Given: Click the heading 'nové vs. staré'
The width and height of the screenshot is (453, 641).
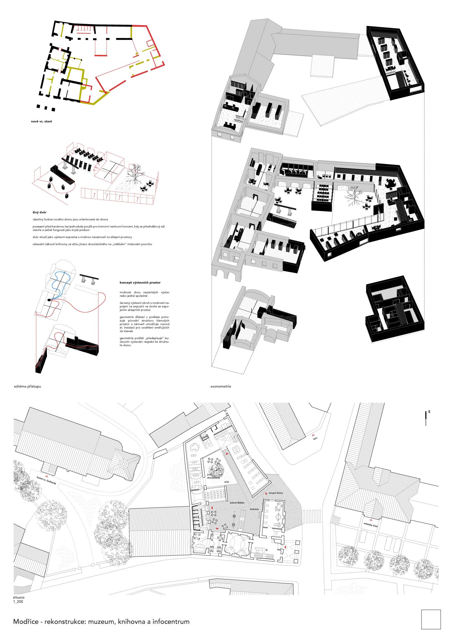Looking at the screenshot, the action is click(42, 122).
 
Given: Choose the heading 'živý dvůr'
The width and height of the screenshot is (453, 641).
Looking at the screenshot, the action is click(39, 213).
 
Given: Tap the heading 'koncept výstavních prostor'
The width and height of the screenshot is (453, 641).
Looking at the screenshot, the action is click(140, 283).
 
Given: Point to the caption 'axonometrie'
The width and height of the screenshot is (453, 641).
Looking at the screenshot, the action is click(221, 387).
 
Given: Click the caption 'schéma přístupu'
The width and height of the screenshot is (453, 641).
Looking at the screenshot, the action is click(27, 387).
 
